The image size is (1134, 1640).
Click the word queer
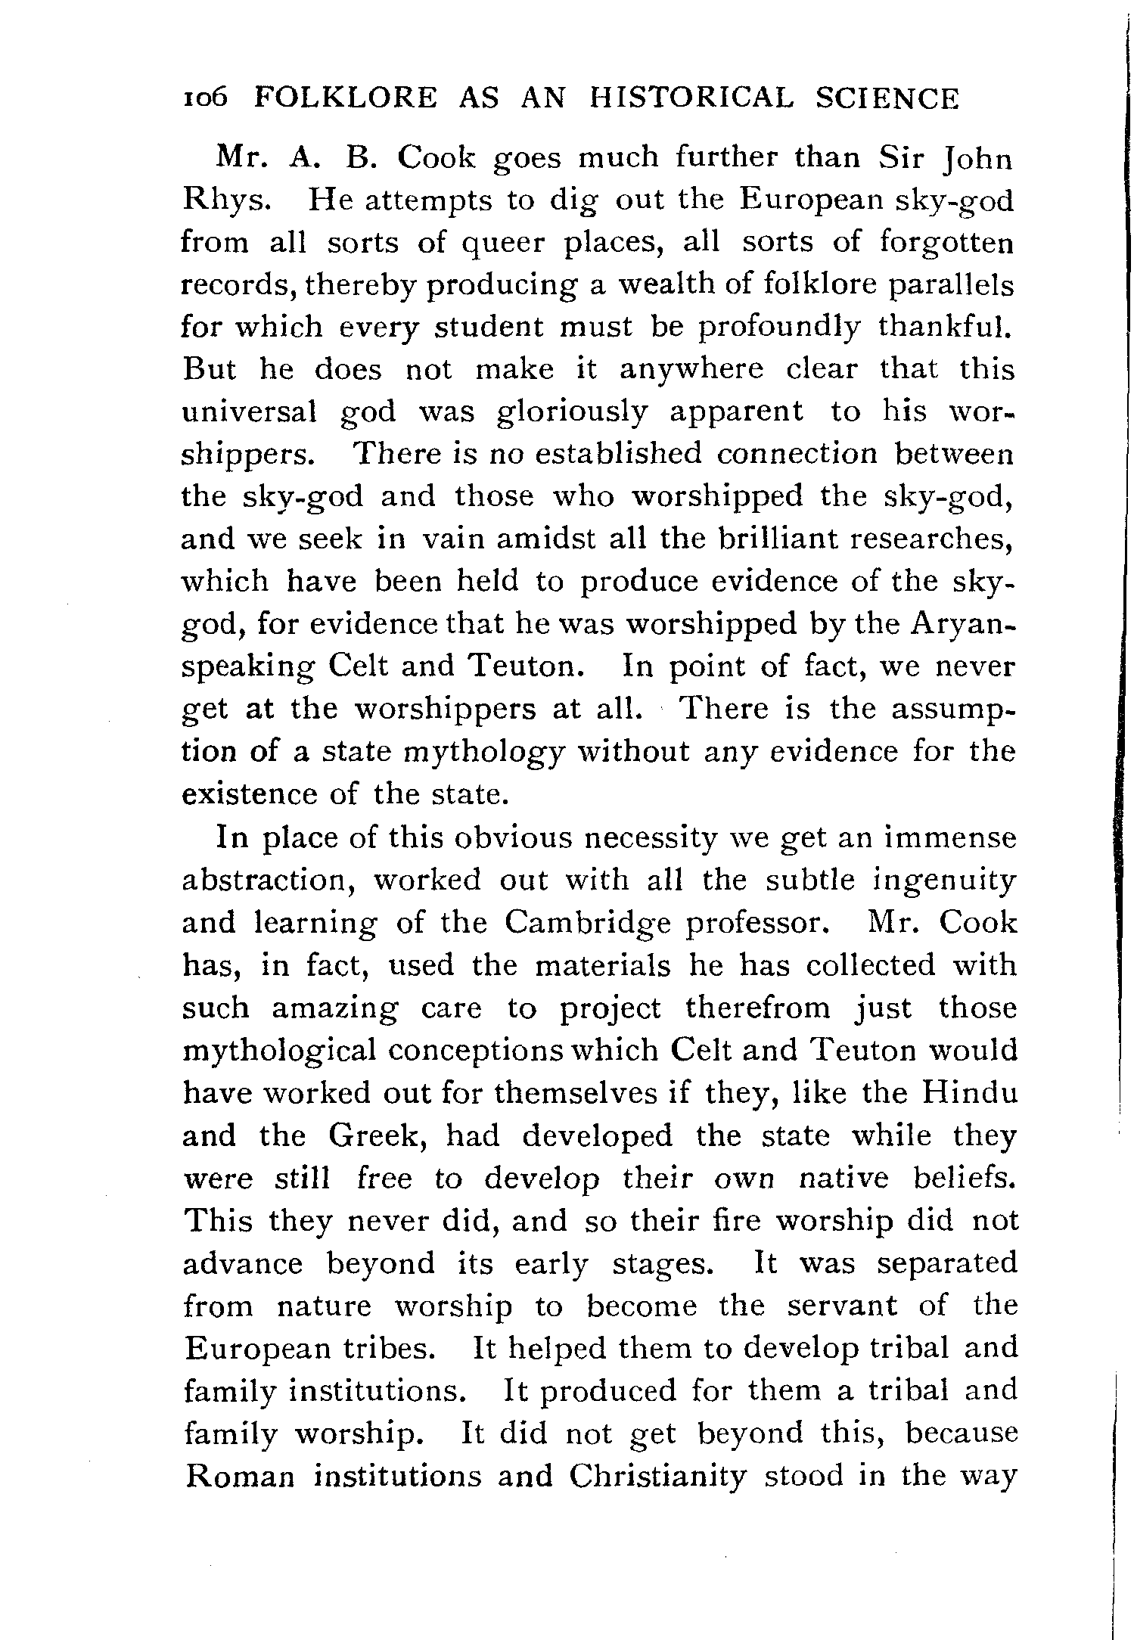(506, 244)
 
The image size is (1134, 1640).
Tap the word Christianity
(658, 1477)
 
